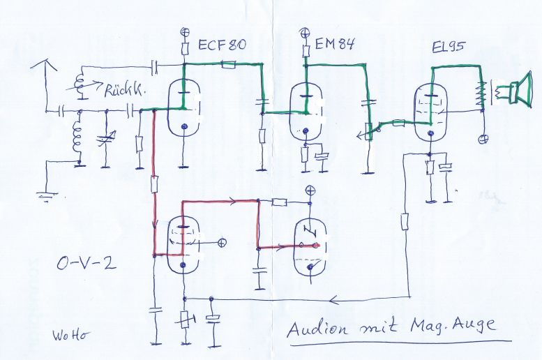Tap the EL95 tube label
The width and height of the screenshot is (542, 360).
tap(451, 50)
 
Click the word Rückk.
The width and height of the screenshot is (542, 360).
tap(124, 91)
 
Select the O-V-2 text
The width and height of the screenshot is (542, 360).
tap(84, 265)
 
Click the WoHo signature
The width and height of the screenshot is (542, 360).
tap(69, 333)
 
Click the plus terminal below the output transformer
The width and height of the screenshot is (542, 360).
tap(482, 139)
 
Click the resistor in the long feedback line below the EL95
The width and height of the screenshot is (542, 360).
tap(405, 223)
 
